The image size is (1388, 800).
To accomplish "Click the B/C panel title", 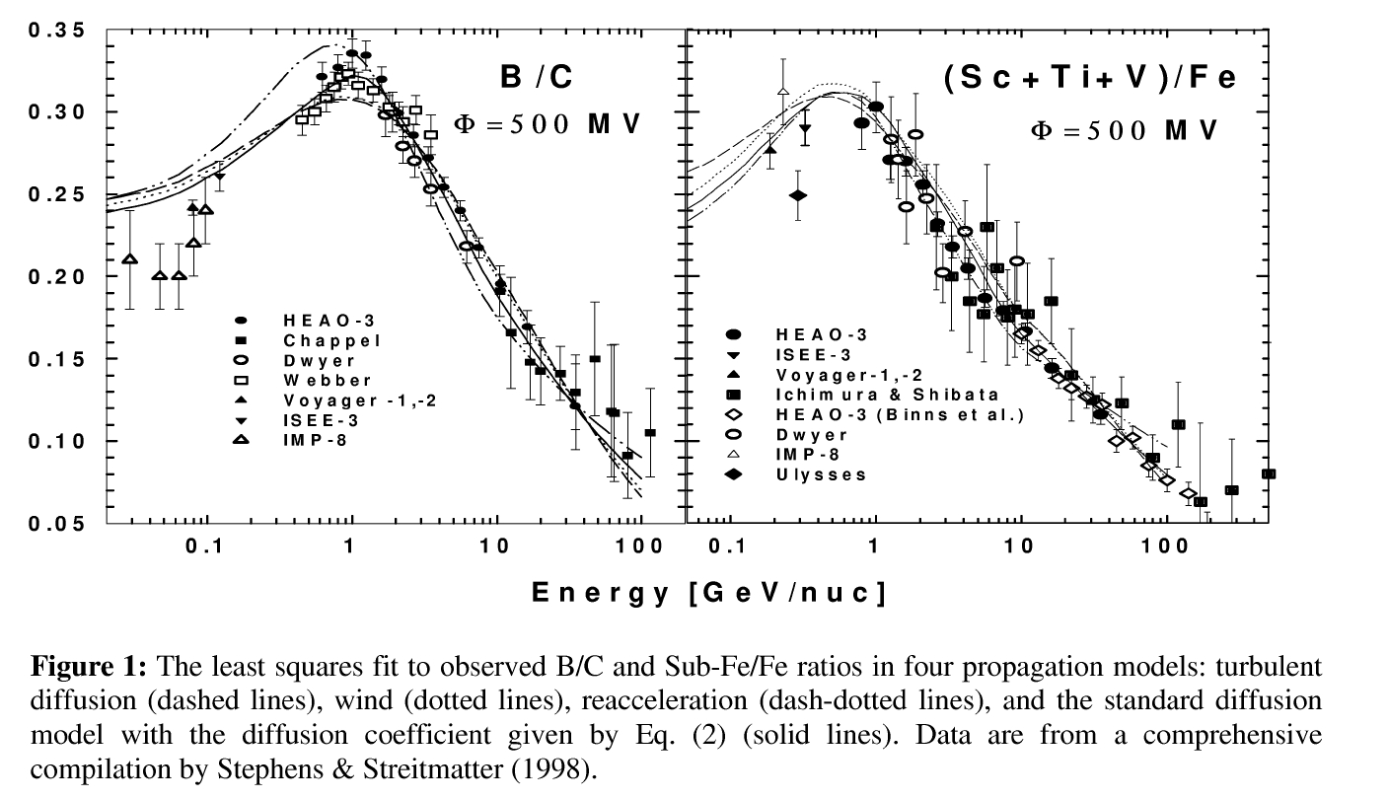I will [537, 77].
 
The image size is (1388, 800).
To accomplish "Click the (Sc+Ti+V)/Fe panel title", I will [1089, 79].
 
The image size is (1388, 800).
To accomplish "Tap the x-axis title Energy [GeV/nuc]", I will [707, 592].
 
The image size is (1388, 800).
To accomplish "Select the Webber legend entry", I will [314, 380].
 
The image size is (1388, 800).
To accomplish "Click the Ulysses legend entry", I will [821, 474].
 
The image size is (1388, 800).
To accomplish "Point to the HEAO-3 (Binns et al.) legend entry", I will [900, 414].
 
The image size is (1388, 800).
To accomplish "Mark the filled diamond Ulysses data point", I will [798, 195].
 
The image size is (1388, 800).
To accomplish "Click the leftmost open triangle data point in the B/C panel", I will [129, 259].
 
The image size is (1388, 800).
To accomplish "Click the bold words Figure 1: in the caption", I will [89, 666].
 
